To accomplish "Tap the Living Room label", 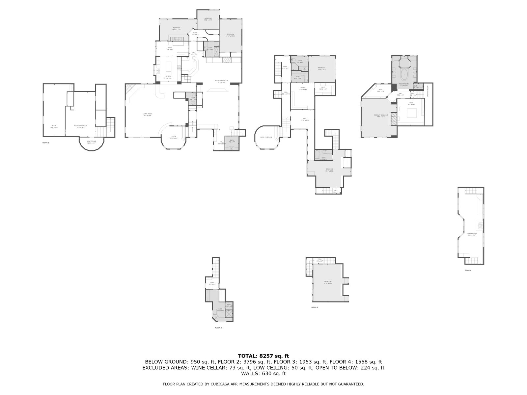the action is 147,114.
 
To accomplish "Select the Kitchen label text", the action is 168,77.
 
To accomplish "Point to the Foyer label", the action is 174,137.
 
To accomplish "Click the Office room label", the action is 303,88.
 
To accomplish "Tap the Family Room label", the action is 472,234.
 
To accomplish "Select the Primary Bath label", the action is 403,84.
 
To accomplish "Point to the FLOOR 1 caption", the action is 46,143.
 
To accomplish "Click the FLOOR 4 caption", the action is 468,270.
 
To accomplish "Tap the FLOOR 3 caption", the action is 315,307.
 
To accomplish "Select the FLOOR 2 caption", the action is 218,328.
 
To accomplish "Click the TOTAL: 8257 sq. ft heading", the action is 263,356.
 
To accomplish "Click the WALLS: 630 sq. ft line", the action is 263,374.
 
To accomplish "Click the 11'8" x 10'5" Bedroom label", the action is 208,19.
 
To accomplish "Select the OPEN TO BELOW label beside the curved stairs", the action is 266,137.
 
